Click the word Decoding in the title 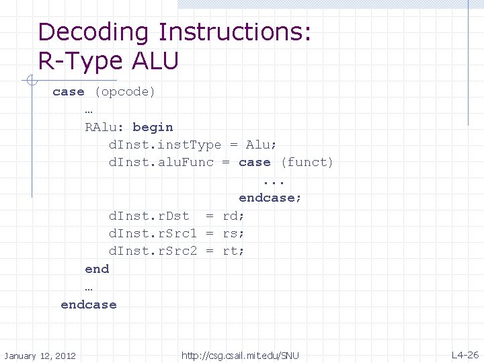(94, 32)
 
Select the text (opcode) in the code (125, 91)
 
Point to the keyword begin (153, 127)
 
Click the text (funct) (307, 163)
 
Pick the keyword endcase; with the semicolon (270, 198)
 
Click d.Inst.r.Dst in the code (149, 216)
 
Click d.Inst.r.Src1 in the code (153, 233)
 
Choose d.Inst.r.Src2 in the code (153, 251)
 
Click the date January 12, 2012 (40, 355)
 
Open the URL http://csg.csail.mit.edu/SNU (240, 355)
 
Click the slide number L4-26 (465, 354)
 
